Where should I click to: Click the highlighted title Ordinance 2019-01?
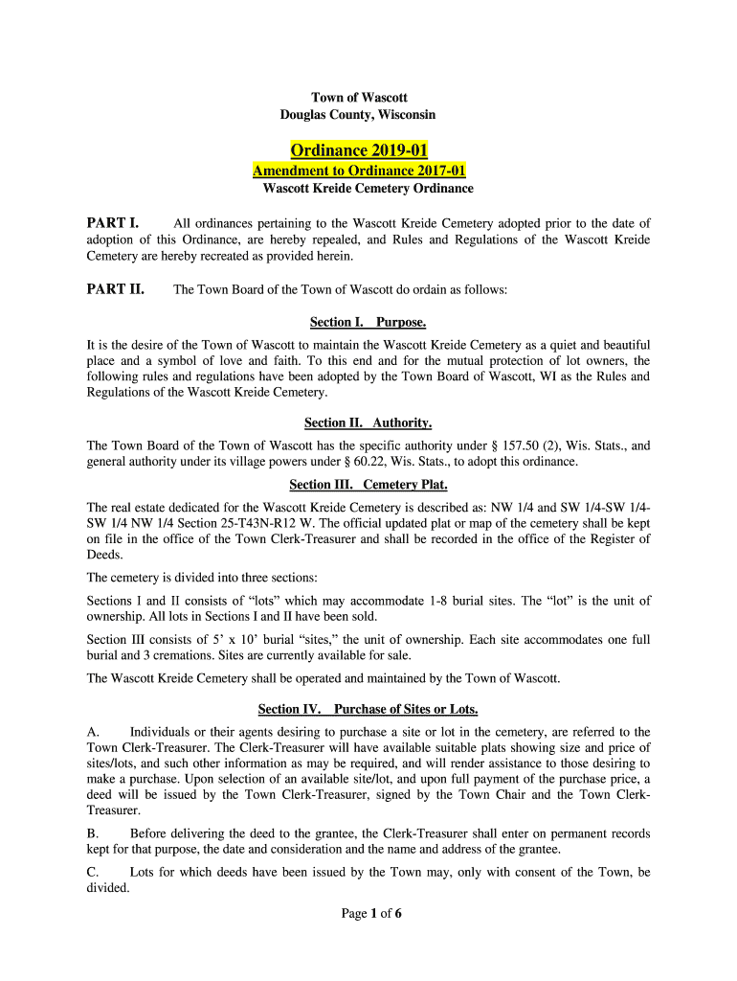pyautogui.click(x=359, y=150)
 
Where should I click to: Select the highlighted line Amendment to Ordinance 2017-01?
pyautogui.click(x=359, y=171)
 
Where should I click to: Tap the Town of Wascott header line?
pyautogui.click(x=359, y=98)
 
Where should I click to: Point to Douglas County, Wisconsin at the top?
pyautogui.click(x=357, y=115)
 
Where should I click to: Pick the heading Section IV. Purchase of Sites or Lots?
pyautogui.click(x=368, y=710)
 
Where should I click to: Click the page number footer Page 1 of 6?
pyautogui.click(x=371, y=914)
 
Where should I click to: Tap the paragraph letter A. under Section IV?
pyautogui.click(x=94, y=732)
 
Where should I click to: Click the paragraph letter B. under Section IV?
pyautogui.click(x=94, y=833)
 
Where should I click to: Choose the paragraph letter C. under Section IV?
pyautogui.click(x=94, y=873)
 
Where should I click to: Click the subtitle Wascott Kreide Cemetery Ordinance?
pyautogui.click(x=368, y=189)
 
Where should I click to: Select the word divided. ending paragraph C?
pyautogui.click(x=108, y=888)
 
